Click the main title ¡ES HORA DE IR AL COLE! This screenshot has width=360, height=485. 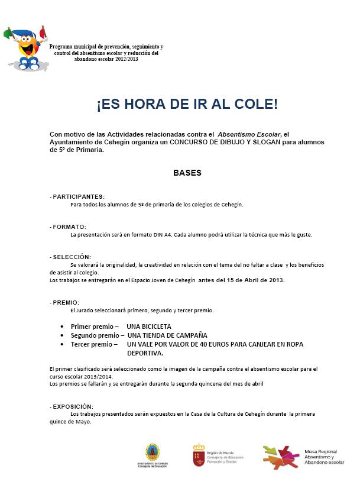click(x=187, y=105)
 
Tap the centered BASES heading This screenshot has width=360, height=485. click(x=187, y=173)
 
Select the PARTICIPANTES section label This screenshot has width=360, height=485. click(x=77, y=196)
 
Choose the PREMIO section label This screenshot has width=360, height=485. click(x=65, y=302)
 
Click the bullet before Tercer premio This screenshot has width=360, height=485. click(x=62, y=344)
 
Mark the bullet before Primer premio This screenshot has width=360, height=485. click(x=62, y=326)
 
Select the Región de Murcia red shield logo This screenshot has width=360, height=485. click(x=199, y=454)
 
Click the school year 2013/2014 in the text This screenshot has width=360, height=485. click(x=96, y=376)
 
